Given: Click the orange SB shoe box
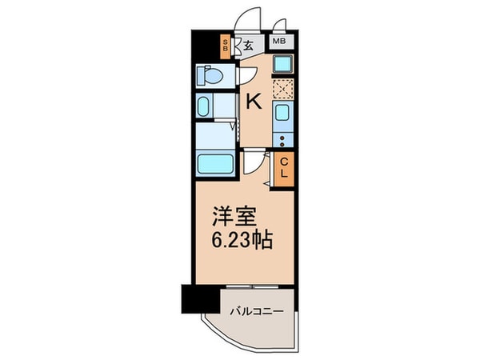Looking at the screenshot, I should pyautogui.click(x=226, y=46).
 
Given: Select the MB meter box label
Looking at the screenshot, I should pyautogui.click(x=280, y=41).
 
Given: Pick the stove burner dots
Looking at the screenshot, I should pyautogui.click(x=282, y=142).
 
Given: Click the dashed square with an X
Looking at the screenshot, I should pyautogui.click(x=282, y=88).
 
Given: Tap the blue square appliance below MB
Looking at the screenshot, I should pyautogui.click(x=282, y=64).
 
